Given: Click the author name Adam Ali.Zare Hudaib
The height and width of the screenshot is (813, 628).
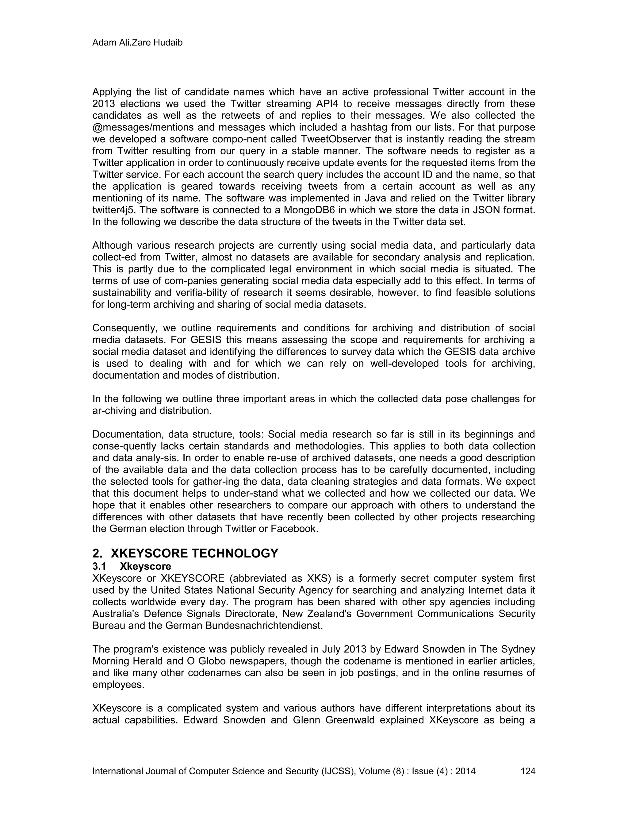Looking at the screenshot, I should tap(137, 43).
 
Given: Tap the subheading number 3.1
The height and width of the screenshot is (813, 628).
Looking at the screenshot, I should tap(99, 566).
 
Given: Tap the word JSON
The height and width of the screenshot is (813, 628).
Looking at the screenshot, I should tap(485, 210).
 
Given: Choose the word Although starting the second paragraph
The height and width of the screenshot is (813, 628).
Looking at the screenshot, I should tap(112, 245).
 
